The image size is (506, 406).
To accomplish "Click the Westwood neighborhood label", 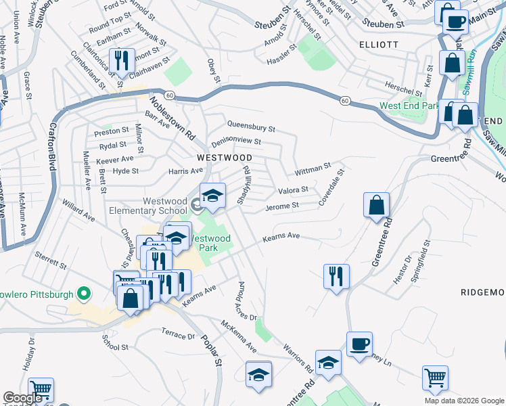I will (x=224, y=157).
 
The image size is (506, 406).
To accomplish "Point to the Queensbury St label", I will (x=252, y=126).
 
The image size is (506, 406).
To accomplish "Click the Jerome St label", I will (x=282, y=206).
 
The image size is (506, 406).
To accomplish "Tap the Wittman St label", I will (x=312, y=166).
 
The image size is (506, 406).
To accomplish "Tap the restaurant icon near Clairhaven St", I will (x=122, y=61).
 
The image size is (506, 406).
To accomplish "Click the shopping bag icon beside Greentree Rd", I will (x=375, y=205).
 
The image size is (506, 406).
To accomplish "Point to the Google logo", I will (x=22, y=398).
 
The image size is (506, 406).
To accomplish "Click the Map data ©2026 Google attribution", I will (x=463, y=400).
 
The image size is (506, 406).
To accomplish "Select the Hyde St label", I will (x=125, y=171).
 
